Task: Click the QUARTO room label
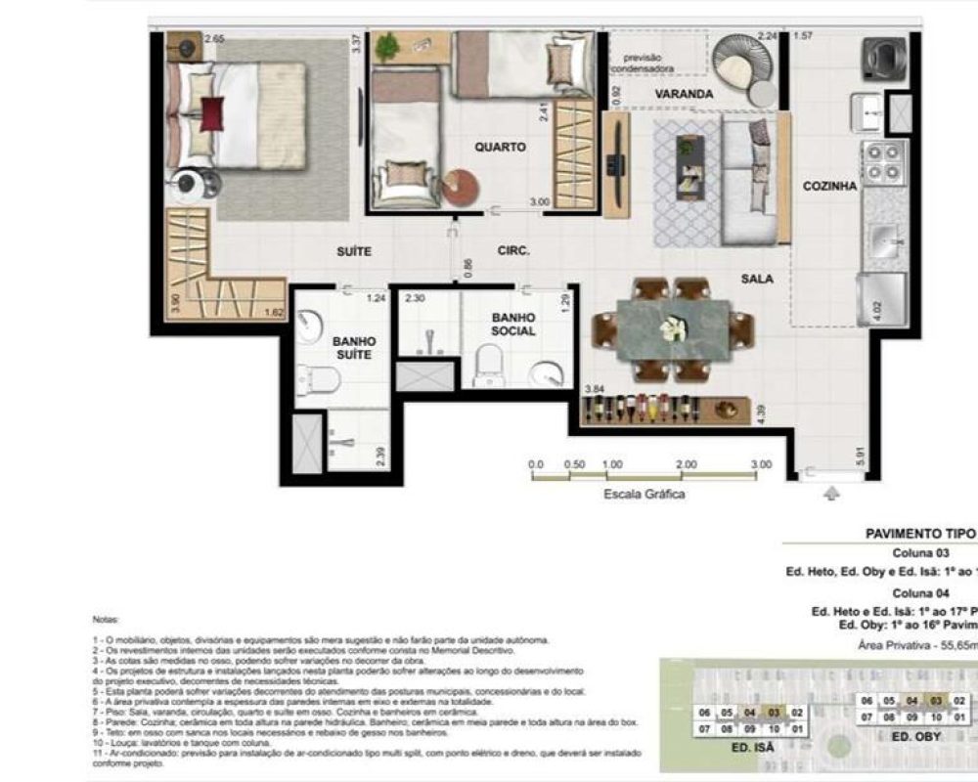pyautogui.click(x=500, y=148)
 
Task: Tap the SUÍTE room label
pyautogui.click(x=354, y=251)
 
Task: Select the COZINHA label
pyautogui.click(x=829, y=186)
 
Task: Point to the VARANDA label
pyautogui.click(x=683, y=94)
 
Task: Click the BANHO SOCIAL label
pyautogui.click(x=513, y=324)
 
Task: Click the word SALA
pyautogui.click(x=756, y=279)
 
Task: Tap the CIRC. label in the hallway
pyautogui.click(x=512, y=251)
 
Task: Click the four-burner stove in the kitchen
pyautogui.click(x=884, y=162)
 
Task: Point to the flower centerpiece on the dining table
pyautogui.click(x=672, y=329)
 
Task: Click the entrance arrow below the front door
pyautogui.click(x=832, y=495)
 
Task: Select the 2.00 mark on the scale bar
pyautogui.click(x=687, y=465)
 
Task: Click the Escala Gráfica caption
pyautogui.click(x=644, y=495)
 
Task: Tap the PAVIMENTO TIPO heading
pyautogui.click(x=920, y=534)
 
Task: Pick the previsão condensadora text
pyautogui.click(x=643, y=62)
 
